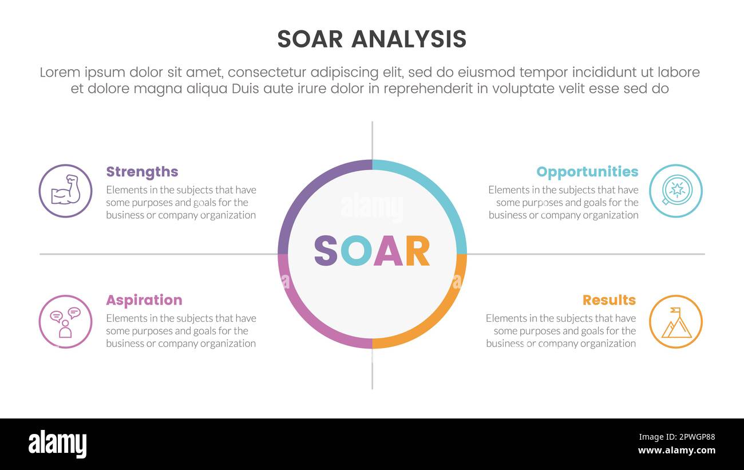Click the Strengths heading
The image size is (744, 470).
pos(142,172)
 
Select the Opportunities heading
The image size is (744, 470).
pos(587,172)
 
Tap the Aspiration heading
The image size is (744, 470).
pos(144,300)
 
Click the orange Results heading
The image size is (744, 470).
pos(609,300)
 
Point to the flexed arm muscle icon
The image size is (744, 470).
pos(65,191)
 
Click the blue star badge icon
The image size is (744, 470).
pos(676,191)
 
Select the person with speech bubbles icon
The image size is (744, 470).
pos(65,322)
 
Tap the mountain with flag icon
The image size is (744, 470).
pos(676,322)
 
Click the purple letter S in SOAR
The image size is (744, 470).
pos(326,251)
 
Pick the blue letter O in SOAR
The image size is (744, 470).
pos(356,251)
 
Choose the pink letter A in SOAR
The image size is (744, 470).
pos(388,251)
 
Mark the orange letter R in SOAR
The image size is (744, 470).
pos(417,251)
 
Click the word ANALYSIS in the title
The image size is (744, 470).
pos(409,39)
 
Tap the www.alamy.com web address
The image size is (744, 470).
pos(676,451)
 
